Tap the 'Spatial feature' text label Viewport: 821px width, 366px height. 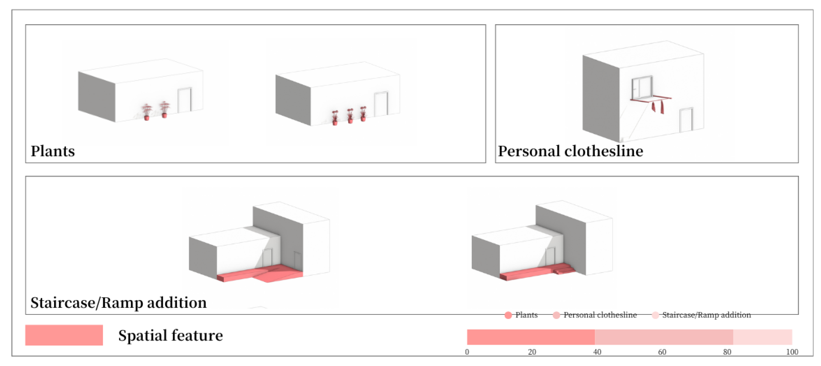point(170,336)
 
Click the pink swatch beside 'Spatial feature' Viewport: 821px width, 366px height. point(64,335)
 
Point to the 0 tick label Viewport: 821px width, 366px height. point(467,352)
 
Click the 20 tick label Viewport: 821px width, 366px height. point(532,352)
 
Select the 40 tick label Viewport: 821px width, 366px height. point(597,352)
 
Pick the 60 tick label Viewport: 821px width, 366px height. point(662,352)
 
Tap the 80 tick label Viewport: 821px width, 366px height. point(727,352)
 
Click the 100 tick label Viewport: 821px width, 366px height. point(792,352)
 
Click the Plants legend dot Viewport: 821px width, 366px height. point(508,315)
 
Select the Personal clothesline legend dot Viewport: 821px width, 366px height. point(556,315)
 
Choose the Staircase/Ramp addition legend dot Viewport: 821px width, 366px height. point(655,315)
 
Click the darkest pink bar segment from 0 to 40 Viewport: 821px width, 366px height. point(531,337)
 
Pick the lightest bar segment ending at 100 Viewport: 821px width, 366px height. point(762,337)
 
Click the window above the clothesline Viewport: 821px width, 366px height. point(642,88)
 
